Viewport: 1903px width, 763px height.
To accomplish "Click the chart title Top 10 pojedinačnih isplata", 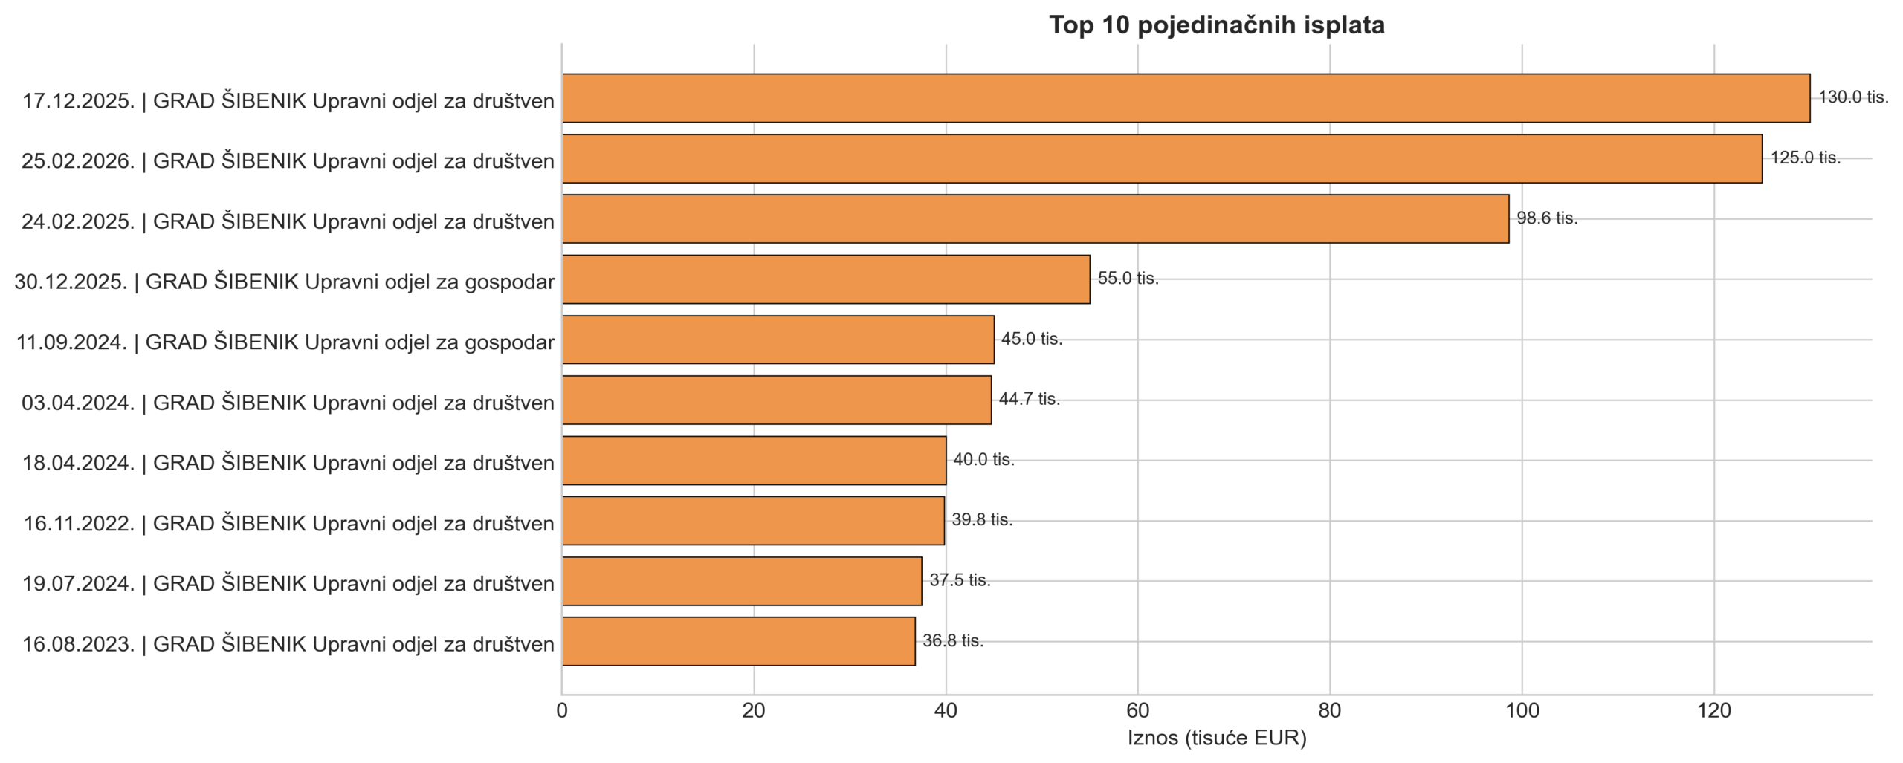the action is (1217, 25).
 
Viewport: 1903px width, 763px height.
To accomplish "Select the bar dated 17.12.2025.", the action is (1186, 98).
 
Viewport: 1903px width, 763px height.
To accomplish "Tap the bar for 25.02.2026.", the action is (1162, 158).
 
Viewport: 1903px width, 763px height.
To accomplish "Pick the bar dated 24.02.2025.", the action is (1035, 219).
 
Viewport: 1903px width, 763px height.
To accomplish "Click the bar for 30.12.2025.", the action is (826, 279).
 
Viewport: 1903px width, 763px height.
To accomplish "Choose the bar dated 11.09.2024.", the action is (778, 340).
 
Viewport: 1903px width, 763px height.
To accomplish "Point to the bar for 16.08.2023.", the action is (739, 641).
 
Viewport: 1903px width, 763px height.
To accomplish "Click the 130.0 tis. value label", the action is (1853, 97).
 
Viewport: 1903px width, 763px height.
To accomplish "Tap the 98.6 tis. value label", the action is (1547, 218).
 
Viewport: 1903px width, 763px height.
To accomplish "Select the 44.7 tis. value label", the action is (1030, 399).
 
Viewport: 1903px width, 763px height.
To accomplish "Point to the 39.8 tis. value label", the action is (982, 520).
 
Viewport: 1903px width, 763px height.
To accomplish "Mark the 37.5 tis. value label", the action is (960, 580).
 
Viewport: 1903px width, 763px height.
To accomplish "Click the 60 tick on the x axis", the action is (1137, 711).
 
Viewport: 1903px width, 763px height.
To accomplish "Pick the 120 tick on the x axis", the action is (1714, 711).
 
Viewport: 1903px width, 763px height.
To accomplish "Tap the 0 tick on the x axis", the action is (562, 711).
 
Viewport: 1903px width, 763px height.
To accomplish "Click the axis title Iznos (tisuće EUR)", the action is (1217, 738).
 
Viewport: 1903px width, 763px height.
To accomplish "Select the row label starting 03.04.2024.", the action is (288, 403).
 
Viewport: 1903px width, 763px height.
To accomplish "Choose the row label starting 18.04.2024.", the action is (288, 463).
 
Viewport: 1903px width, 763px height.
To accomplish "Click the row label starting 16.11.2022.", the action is (288, 524).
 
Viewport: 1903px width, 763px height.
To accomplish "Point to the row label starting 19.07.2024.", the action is (288, 584).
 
